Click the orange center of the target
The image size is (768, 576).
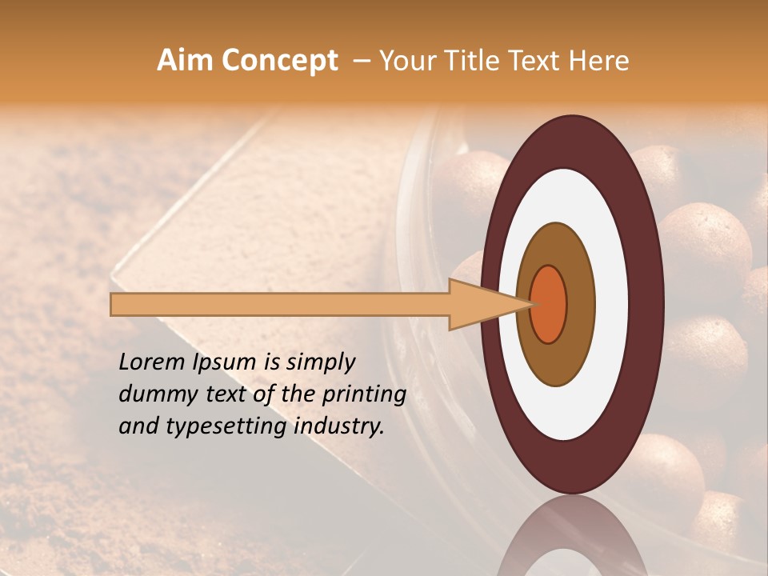[549, 304]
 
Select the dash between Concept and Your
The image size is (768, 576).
[361, 62]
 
